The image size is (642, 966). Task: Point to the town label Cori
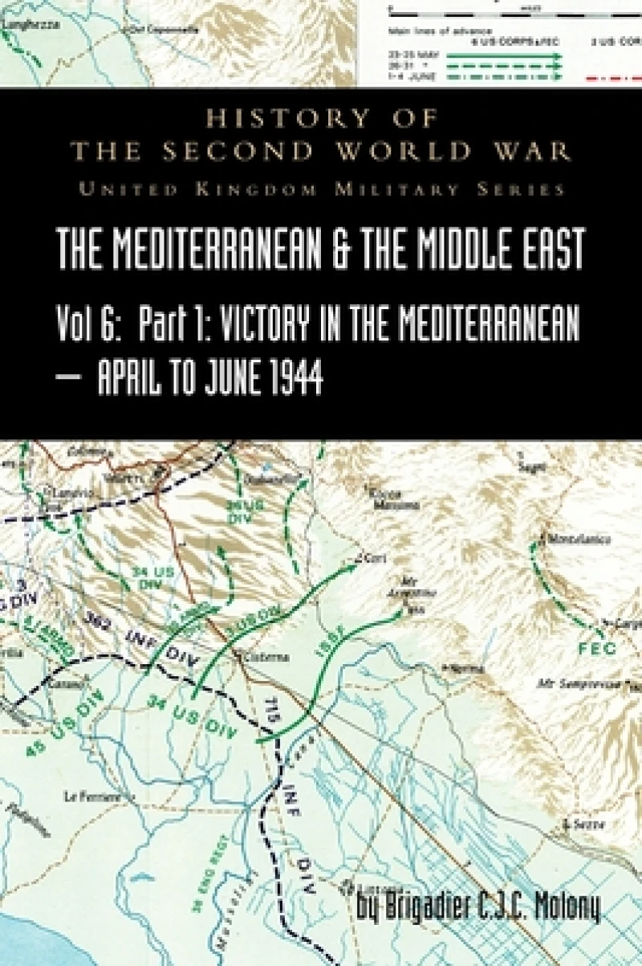(x=371, y=556)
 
